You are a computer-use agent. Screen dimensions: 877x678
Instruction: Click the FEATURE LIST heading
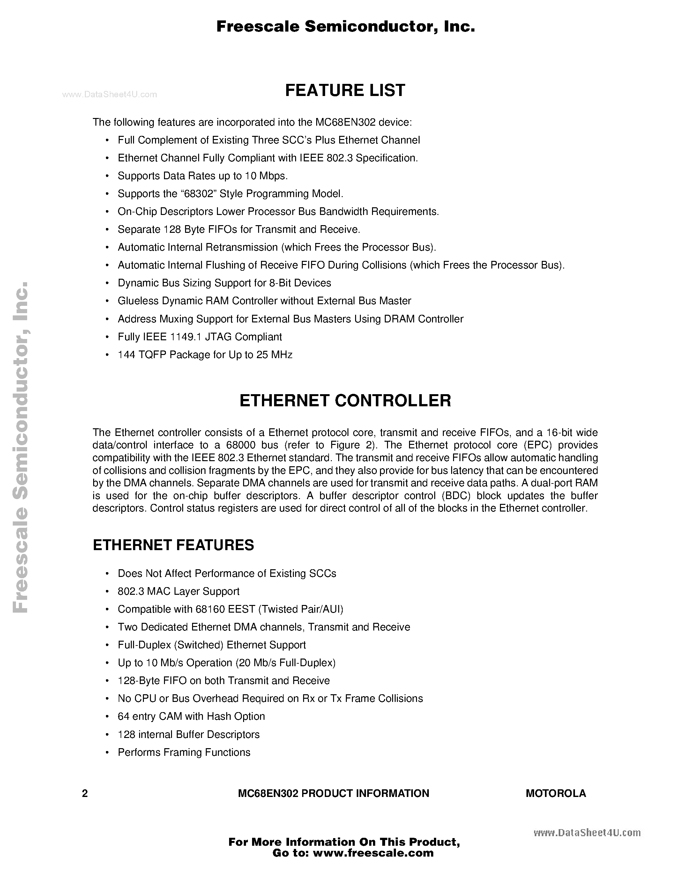click(x=345, y=90)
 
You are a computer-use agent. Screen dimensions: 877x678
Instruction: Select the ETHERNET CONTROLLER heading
click(x=345, y=401)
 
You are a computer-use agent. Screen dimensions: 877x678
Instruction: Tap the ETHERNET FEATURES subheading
click(x=173, y=545)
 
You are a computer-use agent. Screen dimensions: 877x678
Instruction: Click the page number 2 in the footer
click(x=85, y=793)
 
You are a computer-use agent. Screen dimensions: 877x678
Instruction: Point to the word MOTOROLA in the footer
click(x=555, y=793)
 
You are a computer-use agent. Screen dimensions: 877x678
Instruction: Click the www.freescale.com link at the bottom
click(x=373, y=852)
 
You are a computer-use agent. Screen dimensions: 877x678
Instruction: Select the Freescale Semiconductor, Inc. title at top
click(x=346, y=27)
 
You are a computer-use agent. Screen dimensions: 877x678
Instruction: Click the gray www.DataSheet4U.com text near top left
click(x=110, y=94)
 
